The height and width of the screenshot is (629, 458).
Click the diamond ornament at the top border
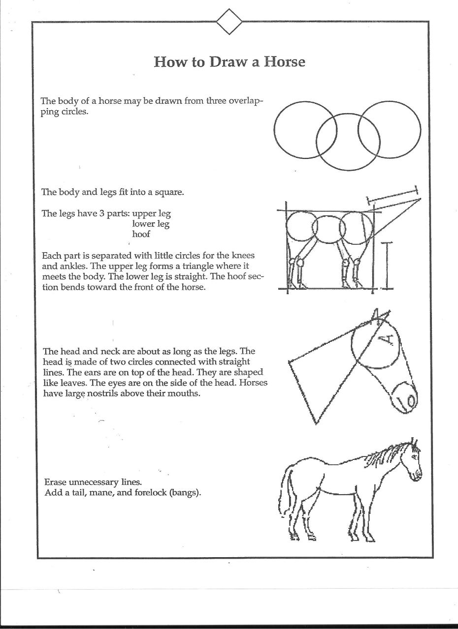pos(229,22)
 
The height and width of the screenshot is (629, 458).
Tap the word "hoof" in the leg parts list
pos(141,234)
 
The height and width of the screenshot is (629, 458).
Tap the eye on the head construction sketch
pos(389,338)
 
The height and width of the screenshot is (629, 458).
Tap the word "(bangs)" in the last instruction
pos(185,492)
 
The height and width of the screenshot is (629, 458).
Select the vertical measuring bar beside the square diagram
pos(388,265)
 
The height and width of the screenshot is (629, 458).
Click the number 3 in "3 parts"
pos(102,214)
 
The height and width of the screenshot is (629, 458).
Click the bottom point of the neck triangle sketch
pos(315,422)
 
